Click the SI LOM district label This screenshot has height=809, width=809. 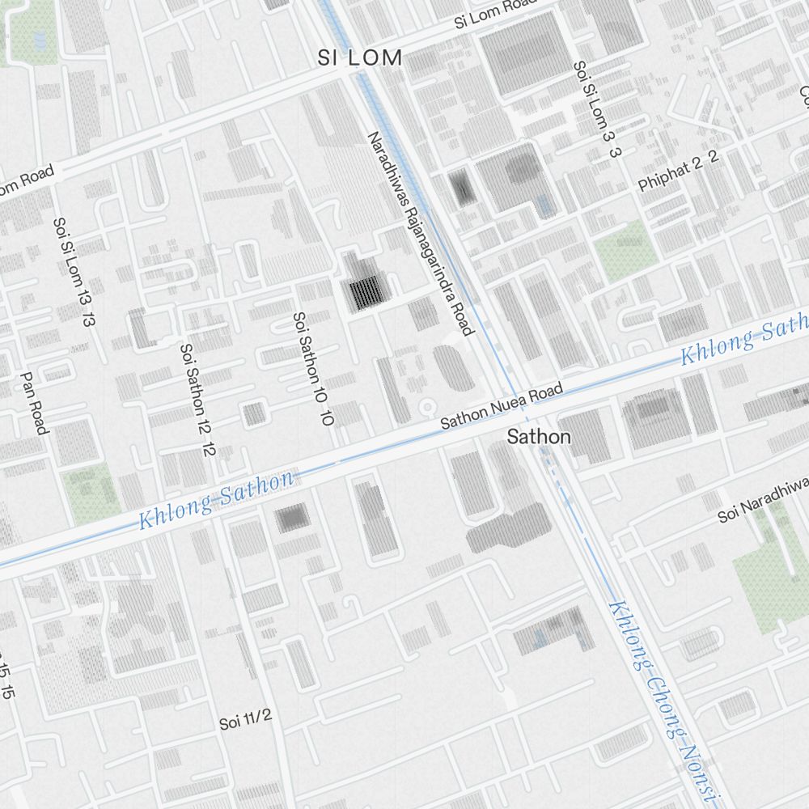coord(360,58)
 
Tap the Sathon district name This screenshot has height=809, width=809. coord(538,438)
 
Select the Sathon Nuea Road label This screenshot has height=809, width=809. coord(501,407)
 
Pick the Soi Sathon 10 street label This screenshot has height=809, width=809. coord(314,369)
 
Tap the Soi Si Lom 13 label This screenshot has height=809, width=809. coord(74,272)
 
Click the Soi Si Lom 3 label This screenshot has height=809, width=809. coord(596,109)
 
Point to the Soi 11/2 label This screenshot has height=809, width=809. coord(245,719)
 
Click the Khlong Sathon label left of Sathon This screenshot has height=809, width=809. coord(216,501)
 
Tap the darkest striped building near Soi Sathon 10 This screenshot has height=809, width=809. coord(366,293)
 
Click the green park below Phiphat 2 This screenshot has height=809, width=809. coord(625,250)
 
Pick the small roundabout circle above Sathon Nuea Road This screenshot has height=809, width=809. coord(426,404)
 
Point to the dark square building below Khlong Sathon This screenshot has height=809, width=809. coord(292,518)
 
